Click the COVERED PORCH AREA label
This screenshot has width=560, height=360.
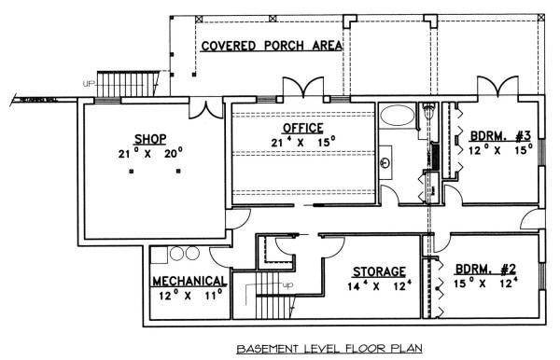click(x=270, y=45)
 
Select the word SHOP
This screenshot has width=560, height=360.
click(x=149, y=135)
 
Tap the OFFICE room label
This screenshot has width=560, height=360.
click(x=302, y=128)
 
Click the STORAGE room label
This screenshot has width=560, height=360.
click(x=378, y=271)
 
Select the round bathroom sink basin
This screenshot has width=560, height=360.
click(x=386, y=163)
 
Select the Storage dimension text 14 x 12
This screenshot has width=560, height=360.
click(x=379, y=286)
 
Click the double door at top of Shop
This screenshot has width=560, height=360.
click(x=203, y=109)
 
